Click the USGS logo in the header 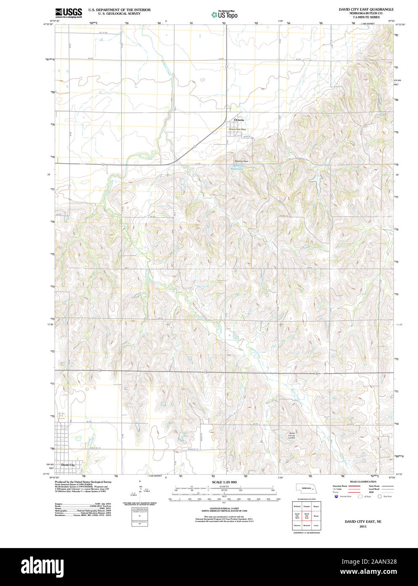pos(68,13)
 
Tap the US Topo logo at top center pos(224,15)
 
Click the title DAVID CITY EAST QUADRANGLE pos(366,9)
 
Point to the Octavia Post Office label pos(237,129)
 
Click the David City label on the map pos(68,465)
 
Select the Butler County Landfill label pos(292,435)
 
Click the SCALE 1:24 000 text pos(224,482)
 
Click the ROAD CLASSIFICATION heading pos(362,481)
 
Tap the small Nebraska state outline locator pos(306,488)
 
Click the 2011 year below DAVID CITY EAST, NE pos(362,527)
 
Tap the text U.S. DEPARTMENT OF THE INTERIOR pos(119,10)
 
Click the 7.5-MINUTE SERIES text pos(366,17)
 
